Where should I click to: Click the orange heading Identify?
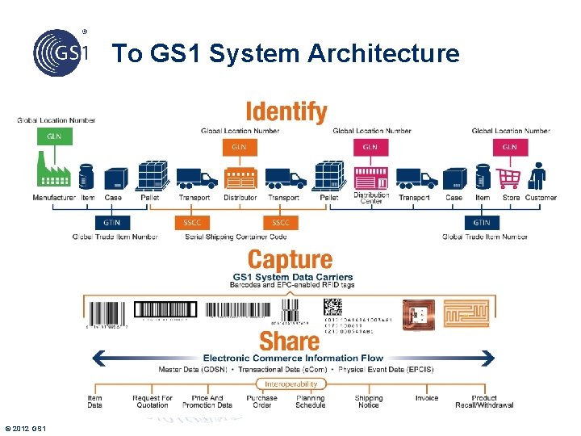click(x=286, y=112)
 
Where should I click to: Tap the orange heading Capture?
click(x=290, y=260)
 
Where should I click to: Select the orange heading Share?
click(x=290, y=341)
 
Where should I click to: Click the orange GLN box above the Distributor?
click(x=239, y=147)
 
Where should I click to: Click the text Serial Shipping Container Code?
click(x=236, y=237)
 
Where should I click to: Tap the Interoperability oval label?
click(x=290, y=384)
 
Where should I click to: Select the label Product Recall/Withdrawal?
click(x=484, y=401)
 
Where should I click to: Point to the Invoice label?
click(x=427, y=398)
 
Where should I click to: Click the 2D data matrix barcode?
click(x=332, y=308)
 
